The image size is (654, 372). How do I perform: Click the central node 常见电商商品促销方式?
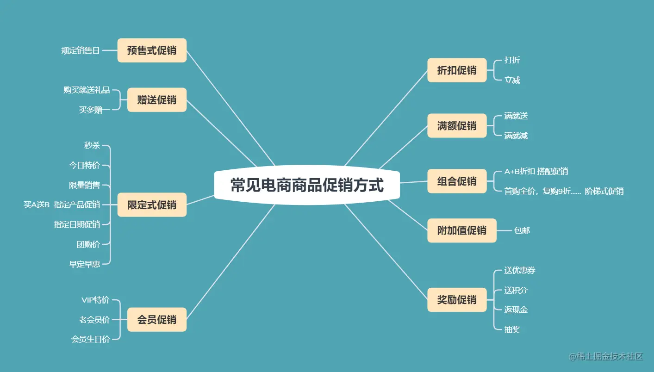(307, 186)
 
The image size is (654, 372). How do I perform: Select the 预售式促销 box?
(152, 50)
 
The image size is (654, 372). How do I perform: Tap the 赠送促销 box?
(156, 100)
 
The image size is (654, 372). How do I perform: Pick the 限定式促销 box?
(152, 205)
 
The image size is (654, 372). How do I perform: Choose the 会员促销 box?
(156, 320)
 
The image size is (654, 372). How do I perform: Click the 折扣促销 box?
(457, 70)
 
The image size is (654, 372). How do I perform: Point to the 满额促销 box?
(457, 126)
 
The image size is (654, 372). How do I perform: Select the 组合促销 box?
(457, 181)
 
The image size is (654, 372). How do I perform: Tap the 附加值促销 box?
(461, 230)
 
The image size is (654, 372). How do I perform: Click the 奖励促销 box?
(457, 300)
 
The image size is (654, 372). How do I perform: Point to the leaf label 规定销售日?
(81, 50)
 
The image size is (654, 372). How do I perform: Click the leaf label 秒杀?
(92, 146)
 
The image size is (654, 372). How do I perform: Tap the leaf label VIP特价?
(95, 300)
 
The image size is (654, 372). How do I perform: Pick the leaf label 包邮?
(522, 230)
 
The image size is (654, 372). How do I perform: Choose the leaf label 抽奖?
(512, 329)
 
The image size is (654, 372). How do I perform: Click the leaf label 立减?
(512, 81)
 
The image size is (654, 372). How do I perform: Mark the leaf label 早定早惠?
(85, 264)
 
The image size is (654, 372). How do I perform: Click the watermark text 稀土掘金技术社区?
(606, 356)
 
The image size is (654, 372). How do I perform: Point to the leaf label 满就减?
(516, 136)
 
